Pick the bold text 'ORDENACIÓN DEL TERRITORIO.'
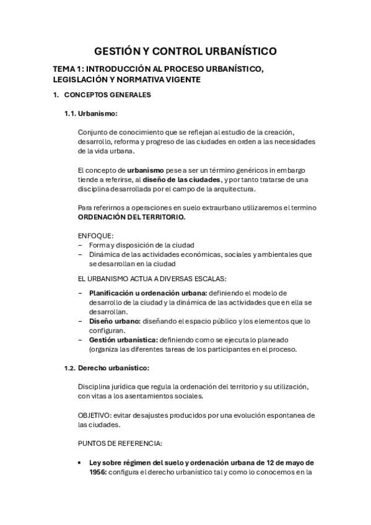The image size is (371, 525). [x=131, y=217]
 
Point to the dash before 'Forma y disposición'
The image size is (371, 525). [x=80, y=246]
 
